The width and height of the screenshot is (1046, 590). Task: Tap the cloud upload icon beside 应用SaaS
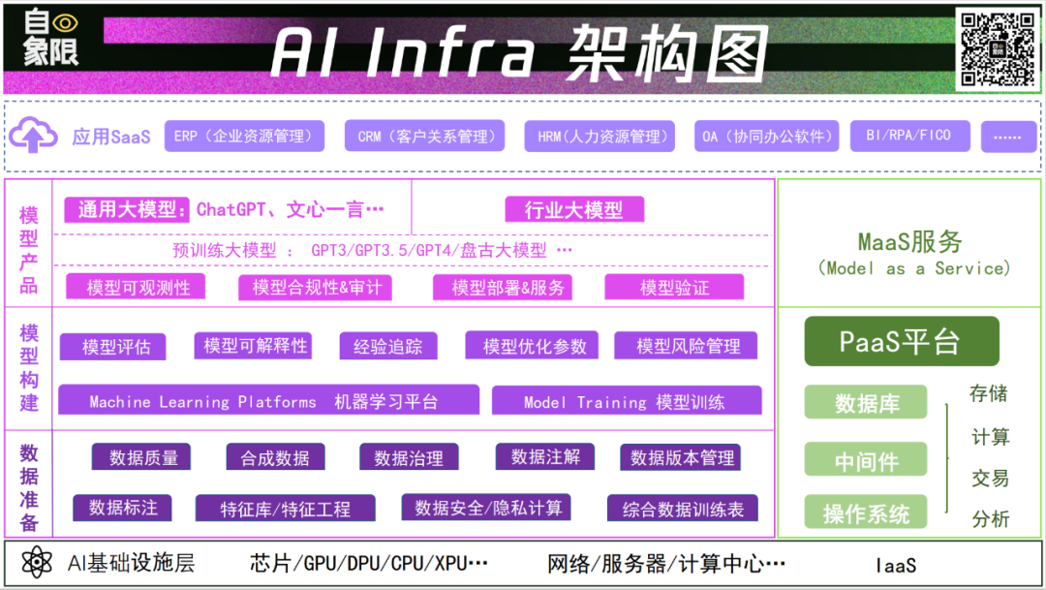[33, 137]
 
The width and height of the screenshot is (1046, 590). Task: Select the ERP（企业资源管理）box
[244, 137]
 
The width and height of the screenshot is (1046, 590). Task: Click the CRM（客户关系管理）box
[424, 137]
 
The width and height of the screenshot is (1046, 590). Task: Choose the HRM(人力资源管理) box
[600, 137]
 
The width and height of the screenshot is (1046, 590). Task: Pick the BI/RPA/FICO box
[909, 137]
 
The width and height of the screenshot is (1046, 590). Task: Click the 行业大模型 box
[574, 209]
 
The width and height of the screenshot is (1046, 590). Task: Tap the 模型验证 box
[674, 287]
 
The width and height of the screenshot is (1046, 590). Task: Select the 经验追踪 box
[387, 346]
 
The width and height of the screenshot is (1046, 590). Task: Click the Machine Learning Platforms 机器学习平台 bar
[268, 401]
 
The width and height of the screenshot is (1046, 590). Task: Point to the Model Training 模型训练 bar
[626, 401]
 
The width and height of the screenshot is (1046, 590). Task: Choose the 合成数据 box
[275, 458]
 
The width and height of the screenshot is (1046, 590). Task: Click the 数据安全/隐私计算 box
[485, 508]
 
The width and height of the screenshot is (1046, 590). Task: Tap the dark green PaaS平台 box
[901, 341]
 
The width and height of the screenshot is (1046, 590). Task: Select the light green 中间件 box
[866, 461]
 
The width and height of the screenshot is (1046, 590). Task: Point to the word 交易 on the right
[990, 479]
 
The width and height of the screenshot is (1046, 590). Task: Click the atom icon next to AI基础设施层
[36, 563]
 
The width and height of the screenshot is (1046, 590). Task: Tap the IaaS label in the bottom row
[896, 565]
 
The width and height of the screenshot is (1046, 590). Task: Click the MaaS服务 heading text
[909, 241]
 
